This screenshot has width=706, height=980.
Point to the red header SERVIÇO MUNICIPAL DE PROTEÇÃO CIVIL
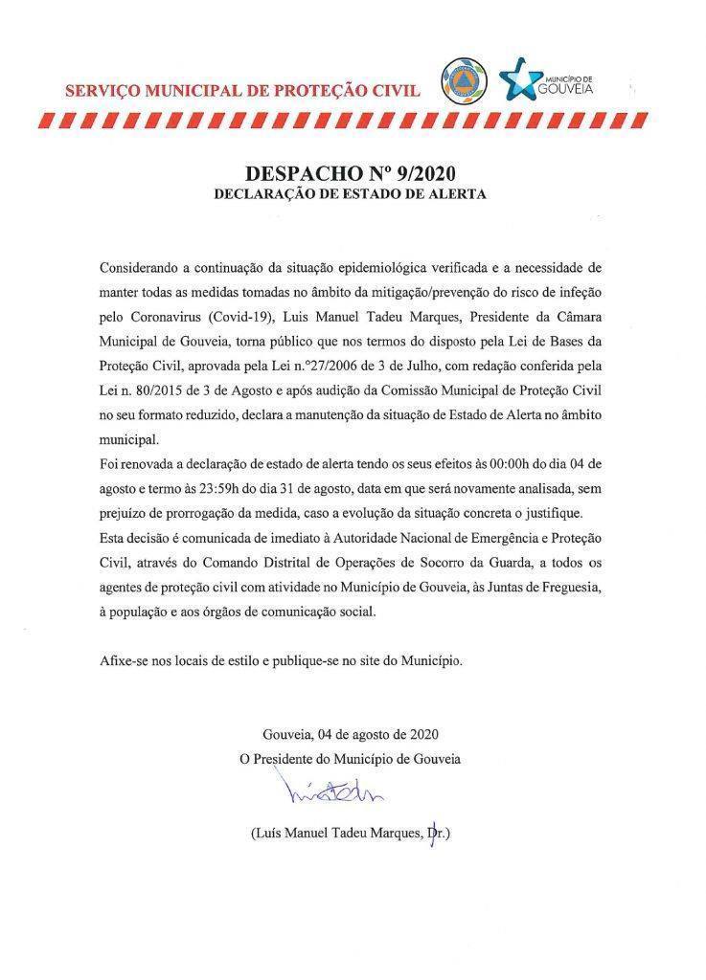pos(242,92)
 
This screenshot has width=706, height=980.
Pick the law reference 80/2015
pos(158,390)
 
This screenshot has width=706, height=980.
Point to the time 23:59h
pos(235,489)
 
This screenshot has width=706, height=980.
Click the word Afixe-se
pos(123,661)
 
